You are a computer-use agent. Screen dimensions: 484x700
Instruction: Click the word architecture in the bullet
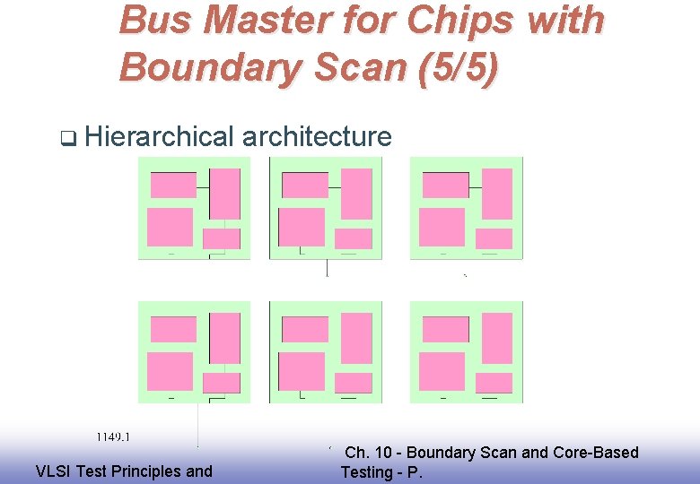click(317, 136)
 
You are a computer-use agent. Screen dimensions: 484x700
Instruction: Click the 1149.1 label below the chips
click(114, 437)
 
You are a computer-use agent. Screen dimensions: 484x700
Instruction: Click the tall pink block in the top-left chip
click(224, 193)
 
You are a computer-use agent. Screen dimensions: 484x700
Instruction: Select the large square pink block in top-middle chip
click(302, 227)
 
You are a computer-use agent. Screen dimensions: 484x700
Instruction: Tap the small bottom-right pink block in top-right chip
click(493, 238)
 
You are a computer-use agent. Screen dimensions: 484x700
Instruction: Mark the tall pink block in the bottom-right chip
click(496, 337)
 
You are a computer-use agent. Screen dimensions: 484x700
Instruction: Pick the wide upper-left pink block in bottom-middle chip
click(305, 329)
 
